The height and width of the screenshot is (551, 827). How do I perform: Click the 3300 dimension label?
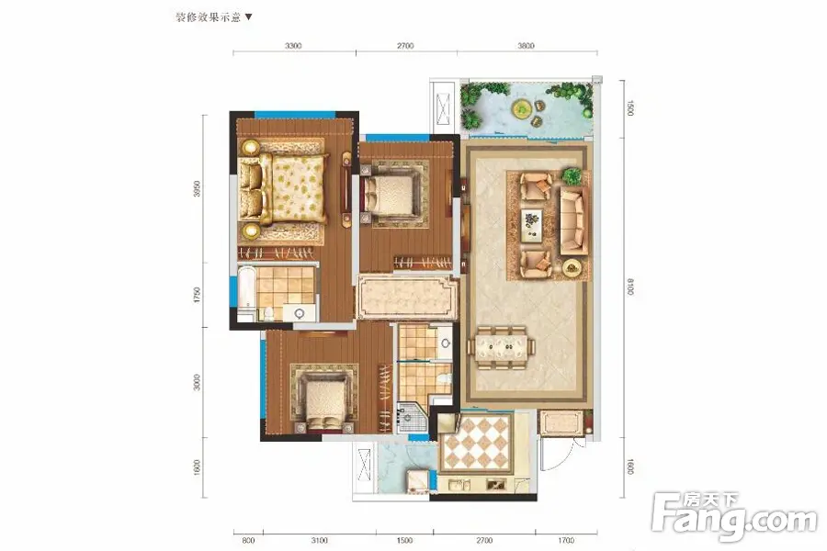(x=293, y=46)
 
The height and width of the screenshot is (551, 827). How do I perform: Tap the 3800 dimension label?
(x=526, y=46)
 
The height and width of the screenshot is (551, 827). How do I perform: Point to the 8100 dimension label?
(x=629, y=287)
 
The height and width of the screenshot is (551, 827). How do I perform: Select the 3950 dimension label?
(x=198, y=189)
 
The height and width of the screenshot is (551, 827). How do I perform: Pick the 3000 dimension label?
(x=198, y=382)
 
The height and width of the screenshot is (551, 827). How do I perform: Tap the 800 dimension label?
(x=248, y=541)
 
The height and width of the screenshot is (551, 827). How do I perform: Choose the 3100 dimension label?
(x=319, y=541)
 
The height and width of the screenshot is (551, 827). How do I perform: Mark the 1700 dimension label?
(x=565, y=541)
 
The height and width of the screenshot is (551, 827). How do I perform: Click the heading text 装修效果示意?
(x=208, y=17)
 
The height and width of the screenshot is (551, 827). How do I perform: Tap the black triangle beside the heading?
(x=248, y=17)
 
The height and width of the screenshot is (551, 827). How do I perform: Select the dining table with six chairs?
(x=501, y=347)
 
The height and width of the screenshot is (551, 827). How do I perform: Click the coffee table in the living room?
(x=532, y=225)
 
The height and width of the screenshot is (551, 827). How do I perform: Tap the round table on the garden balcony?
(x=522, y=109)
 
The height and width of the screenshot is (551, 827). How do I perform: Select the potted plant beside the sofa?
(x=572, y=175)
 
